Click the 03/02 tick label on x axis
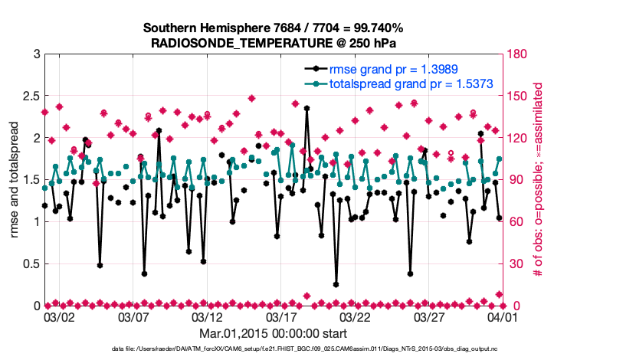(x=59, y=316)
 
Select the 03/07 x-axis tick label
(x=133, y=316)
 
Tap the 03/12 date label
(x=208, y=316)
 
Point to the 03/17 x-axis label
(x=281, y=316)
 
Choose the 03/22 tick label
(x=356, y=316)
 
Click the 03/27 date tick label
(x=429, y=316)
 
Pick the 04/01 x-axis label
(x=503, y=316)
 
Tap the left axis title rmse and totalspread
(x=15, y=180)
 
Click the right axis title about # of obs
(x=538, y=180)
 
